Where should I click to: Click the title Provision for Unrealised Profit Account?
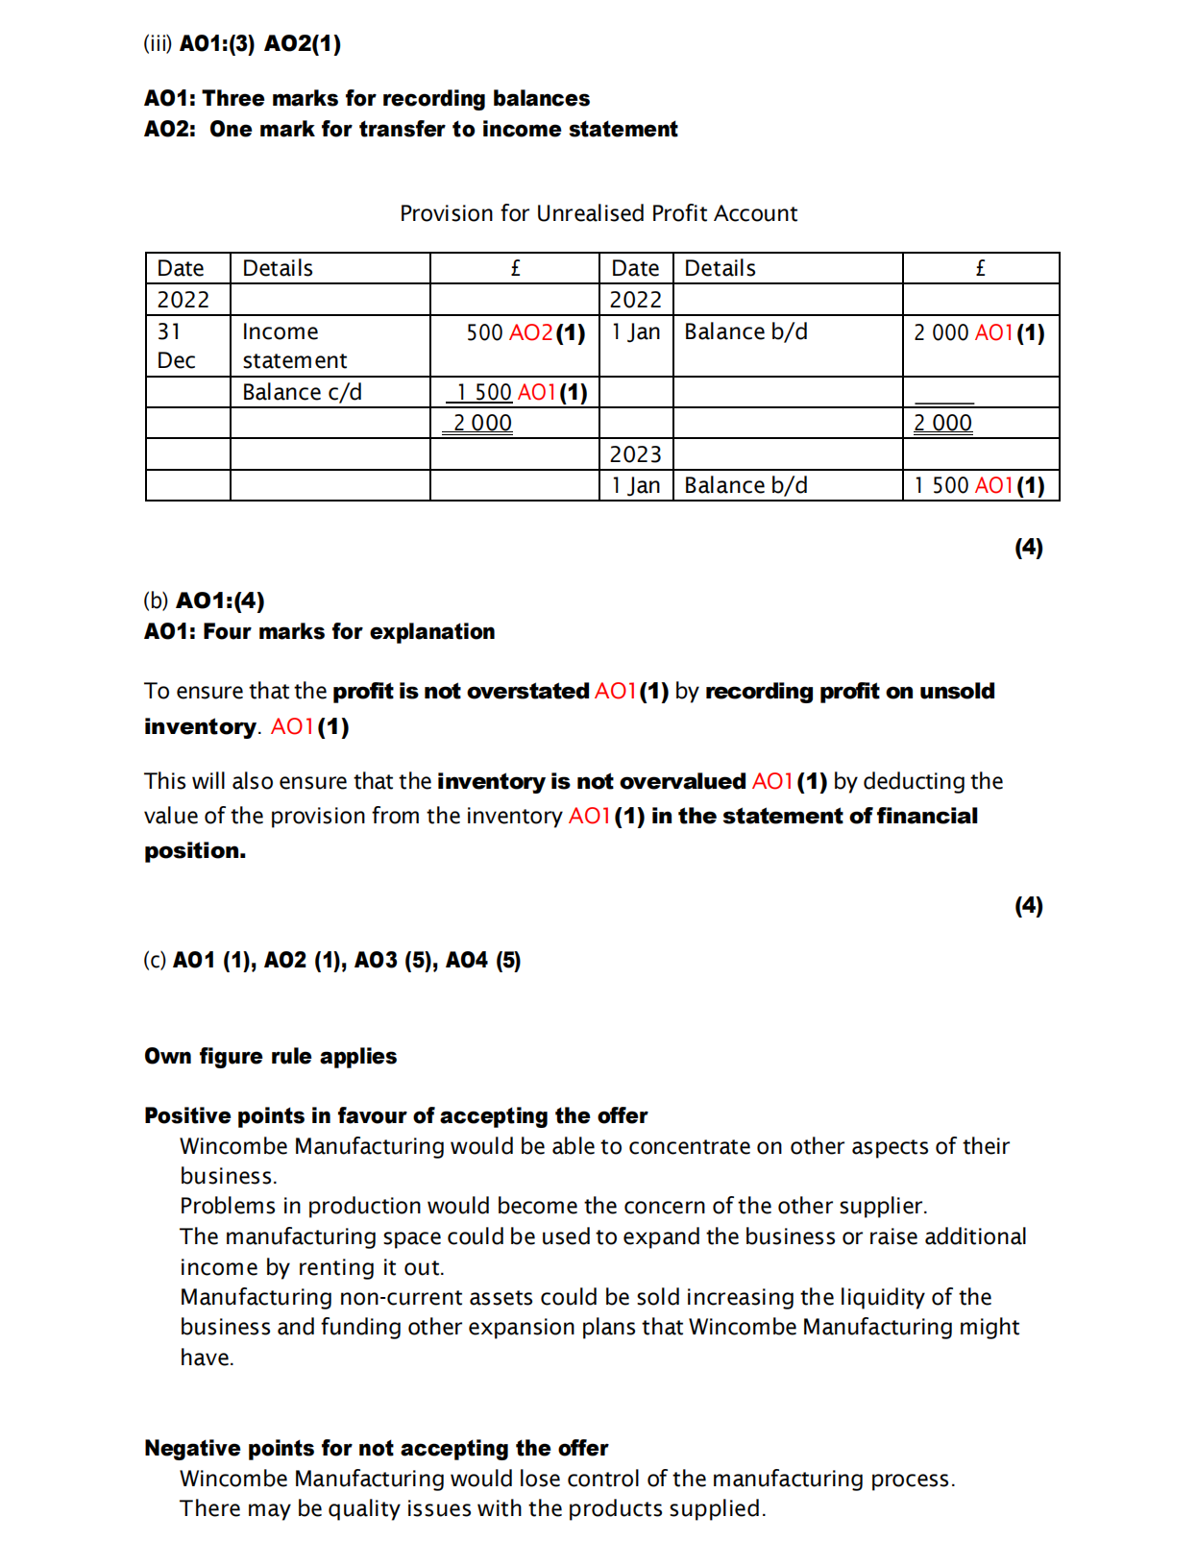coord(598,213)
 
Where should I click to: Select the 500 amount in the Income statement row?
coord(484,332)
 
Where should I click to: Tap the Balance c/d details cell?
coord(302,392)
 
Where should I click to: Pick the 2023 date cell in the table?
coord(635,454)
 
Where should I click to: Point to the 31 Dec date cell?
coord(177,346)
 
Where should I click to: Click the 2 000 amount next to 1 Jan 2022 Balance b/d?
coord(940,332)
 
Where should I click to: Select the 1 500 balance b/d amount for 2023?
coord(940,485)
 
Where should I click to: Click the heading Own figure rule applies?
coord(270,1056)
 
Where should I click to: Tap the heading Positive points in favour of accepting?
coord(396,1115)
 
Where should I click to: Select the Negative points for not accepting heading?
coord(376,1448)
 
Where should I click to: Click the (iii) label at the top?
coord(158,43)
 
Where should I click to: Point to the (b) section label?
coord(156,600)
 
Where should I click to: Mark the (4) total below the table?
coord(1028,547)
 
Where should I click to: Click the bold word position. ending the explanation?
coord(195,851)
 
